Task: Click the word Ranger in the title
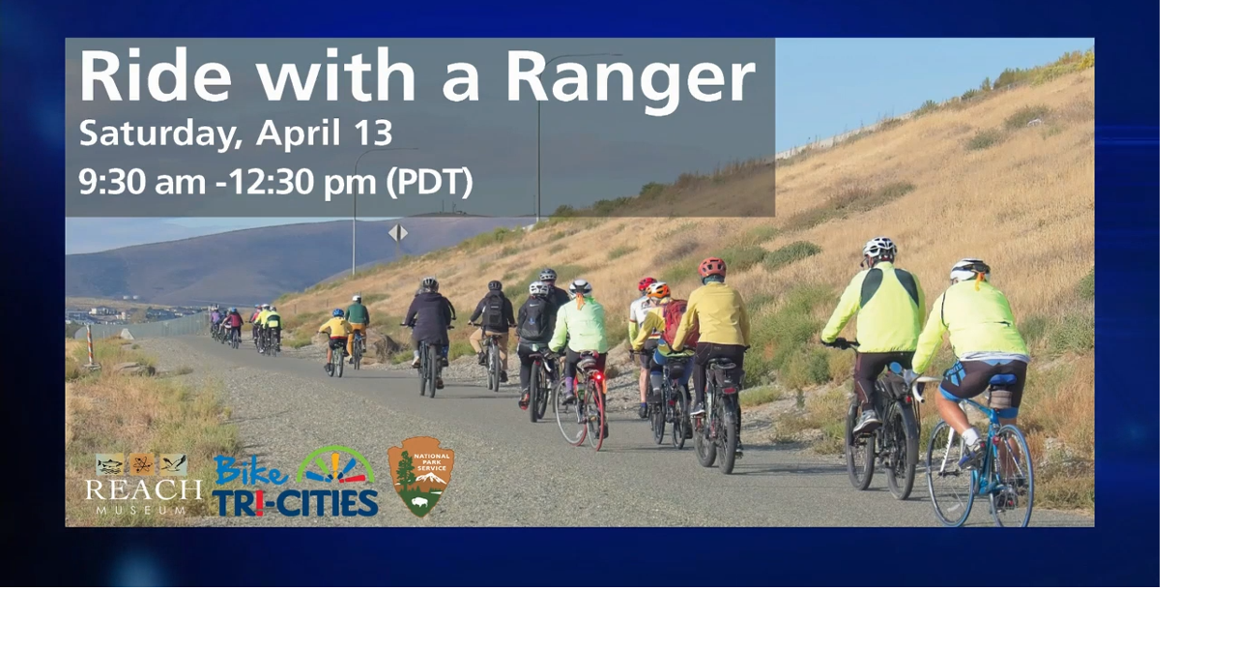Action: tap(630, 77)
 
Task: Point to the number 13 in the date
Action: tap(371, 133)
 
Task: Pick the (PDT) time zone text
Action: tap(429, 181)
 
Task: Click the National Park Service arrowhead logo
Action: tap(420, 475)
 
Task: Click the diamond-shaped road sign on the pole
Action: tap(397, 232)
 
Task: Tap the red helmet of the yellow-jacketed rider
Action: tap(712, 267)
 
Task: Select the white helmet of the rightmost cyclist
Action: tap(968, 270)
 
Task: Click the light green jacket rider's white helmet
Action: tap(580, 286)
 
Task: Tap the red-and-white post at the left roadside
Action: tap(90, 344)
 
